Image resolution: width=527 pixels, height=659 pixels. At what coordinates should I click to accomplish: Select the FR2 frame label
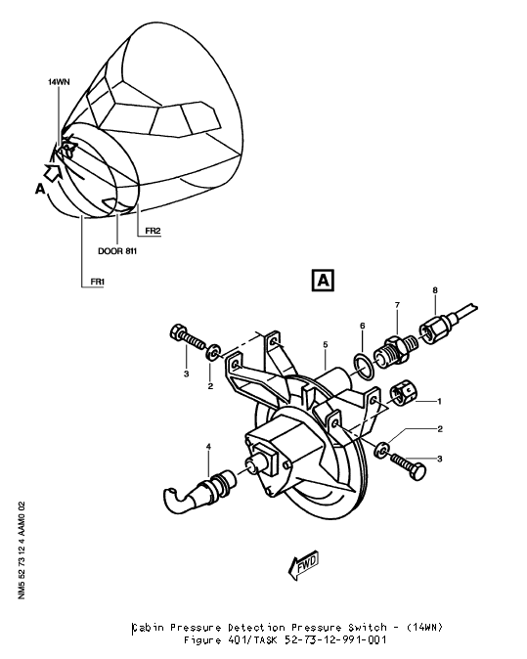152,231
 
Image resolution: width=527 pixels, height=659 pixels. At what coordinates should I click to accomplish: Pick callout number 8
436,289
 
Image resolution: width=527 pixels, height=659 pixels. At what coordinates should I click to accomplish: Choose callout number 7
397,306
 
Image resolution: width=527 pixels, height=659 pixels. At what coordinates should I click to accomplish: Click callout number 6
361,326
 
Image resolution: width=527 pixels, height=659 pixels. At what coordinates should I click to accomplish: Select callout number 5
326,345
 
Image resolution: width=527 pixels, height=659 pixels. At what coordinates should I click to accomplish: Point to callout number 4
208,448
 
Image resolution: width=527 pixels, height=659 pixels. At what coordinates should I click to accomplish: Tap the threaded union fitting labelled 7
396,348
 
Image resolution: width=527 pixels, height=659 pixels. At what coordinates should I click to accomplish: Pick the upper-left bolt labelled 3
180,332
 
